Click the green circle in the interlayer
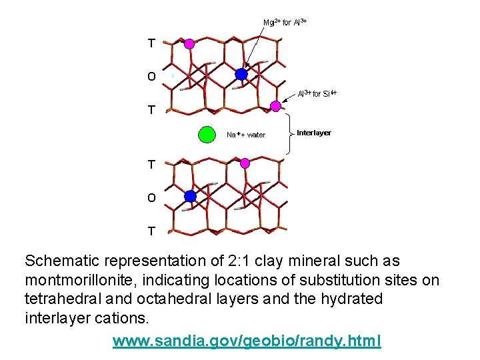(x=207, y=135)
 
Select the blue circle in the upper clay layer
(x=241, y=75)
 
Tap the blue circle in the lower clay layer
(x=190, y=196)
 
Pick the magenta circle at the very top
(x=189, y=43)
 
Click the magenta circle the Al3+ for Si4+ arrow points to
(x=275, y=106)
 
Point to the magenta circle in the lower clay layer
(x=245, y=163)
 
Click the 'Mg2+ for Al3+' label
(x=285, y=22)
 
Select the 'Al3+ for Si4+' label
(x=317, y=93)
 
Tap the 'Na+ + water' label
(x=246, y=135)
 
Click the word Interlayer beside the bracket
(x=313, y=133)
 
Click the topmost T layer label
(x=151, y=43)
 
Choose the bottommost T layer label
(x=151, y=231)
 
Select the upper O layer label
(x=151, y=77)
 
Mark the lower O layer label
(x=151, y=197)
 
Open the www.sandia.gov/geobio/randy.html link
(x=247, y=341)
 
